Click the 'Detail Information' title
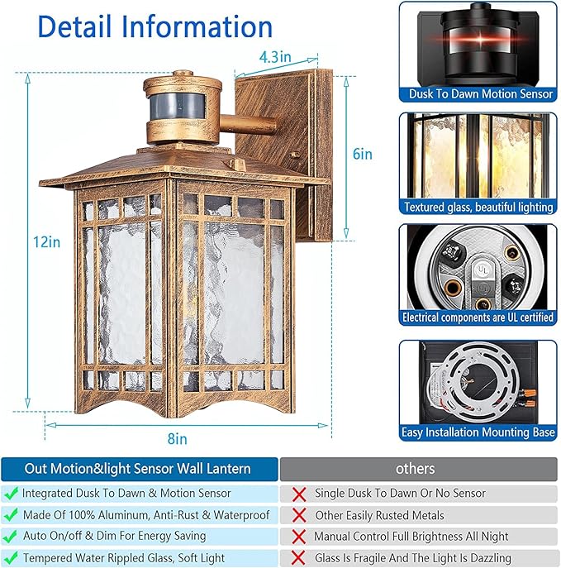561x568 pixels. pos(155,26)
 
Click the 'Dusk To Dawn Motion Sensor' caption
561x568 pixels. pos(478,94)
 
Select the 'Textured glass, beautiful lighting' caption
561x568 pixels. pos(478,207)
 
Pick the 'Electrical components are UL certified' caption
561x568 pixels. pos(478,317)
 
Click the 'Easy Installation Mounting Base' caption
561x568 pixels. pos(478,432)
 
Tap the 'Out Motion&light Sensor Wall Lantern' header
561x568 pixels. pos(137,469)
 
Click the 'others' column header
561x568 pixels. pos(415,469)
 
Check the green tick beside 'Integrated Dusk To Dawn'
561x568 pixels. pos(11,494)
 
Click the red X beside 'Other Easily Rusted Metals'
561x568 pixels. pos(298,515)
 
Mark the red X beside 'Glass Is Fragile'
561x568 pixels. pos(298,558)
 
